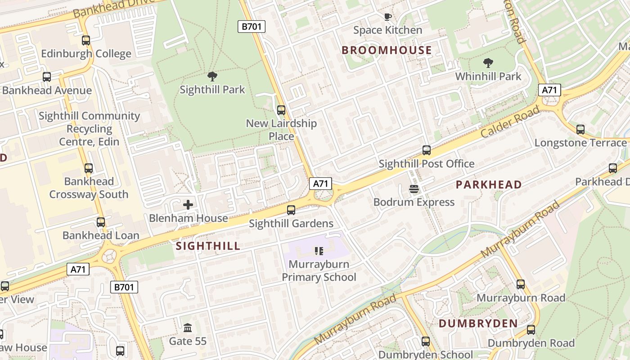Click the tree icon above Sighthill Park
click(212, 76)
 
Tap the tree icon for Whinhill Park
click(488, 63)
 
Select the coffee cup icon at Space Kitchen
click(387, 17)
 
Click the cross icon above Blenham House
click(188, 205)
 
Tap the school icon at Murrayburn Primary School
click(319, 251)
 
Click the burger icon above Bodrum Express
click(414, 189)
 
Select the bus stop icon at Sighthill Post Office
click(426, 150)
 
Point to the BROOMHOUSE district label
click(387, 50)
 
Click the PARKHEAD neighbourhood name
click(489, 184)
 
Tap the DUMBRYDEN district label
click(478, 324)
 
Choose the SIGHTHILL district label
click(208, 246)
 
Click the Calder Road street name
click(510, 122)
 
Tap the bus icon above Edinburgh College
click(86, 40)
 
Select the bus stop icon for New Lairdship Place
click(281, 110)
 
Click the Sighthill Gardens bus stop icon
click(291, 210)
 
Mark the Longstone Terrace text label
click(580, 143)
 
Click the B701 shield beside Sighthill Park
click(251, 27)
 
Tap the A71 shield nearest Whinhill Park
click(549, 90)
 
